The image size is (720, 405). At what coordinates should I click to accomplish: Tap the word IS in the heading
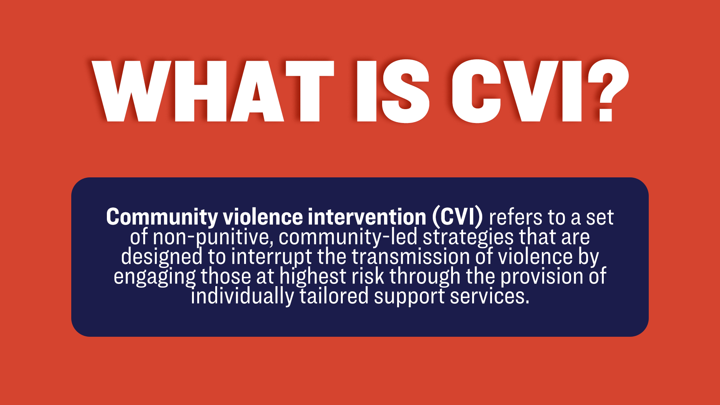pyautogui.click(x=393, y=91)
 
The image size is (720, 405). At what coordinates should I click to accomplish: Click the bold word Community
pyautogui.click(x=162, y=217)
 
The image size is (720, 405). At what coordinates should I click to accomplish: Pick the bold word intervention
pyautogui.click(x=367, y=217)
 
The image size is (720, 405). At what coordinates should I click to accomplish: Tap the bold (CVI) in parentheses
pyautogui.click(x=458, y=217)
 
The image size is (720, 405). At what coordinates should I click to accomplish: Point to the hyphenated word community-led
pyautogui.click(x=348, y=237)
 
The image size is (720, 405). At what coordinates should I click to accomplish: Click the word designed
pyautogui.click(x=162, y=257)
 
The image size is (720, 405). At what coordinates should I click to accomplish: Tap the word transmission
pyautogui.click(x=411, y=257)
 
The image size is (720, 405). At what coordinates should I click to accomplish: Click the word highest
pyautogui.click(x=313, y=277)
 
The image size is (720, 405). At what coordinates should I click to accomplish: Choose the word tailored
pyautogui.click(x=334, y=296)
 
